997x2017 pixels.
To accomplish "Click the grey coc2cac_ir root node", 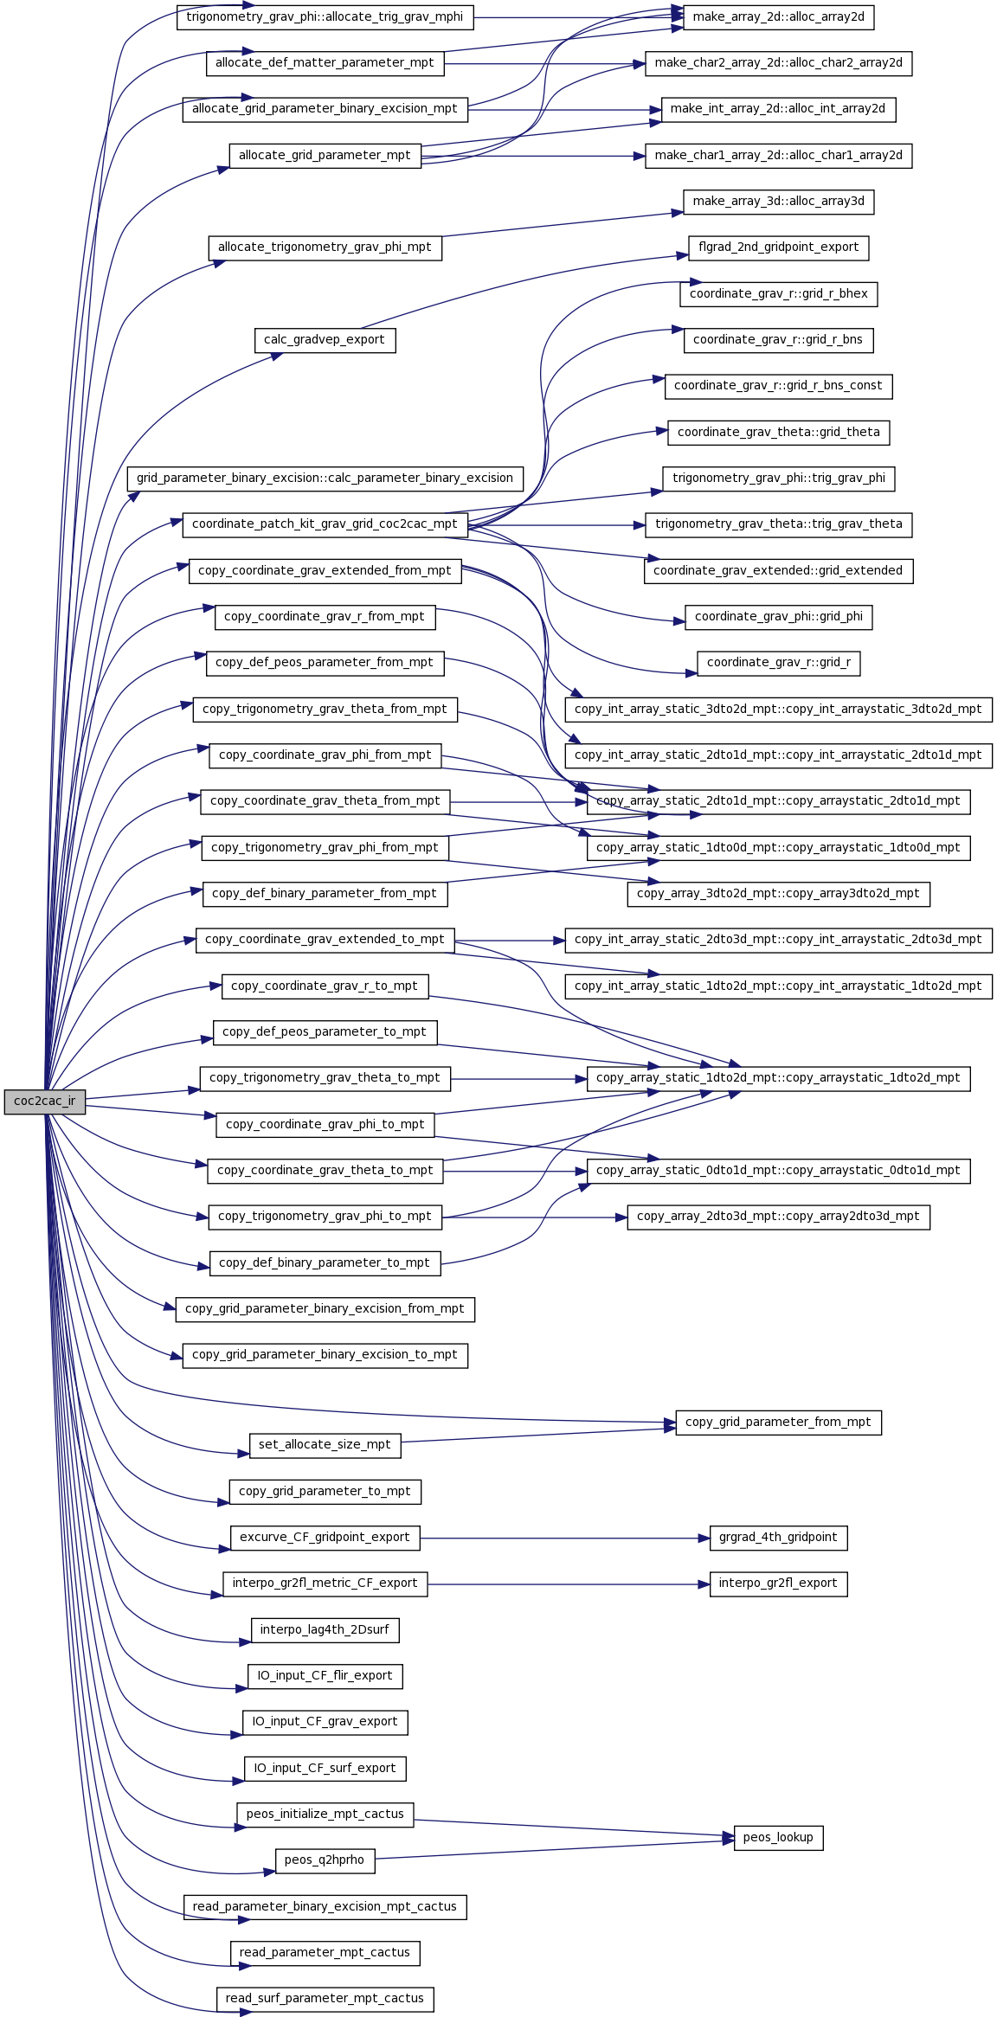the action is click(45, 1102).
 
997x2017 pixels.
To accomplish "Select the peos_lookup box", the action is click(778, 1837).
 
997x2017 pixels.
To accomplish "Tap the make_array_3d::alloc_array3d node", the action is click(778, 202).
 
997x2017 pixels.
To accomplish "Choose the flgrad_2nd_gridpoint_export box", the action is click(778, 247).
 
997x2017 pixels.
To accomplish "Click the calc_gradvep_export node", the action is click(325, 340).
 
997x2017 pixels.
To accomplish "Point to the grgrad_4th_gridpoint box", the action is click(778, 1538).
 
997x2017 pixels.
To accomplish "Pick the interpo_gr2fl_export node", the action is click(778, 1583).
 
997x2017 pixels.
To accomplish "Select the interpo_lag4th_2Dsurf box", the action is click(325, 1630).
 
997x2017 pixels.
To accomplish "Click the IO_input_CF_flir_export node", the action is click(325, 1676).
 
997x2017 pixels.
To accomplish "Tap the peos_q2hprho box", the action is click(325, 1860).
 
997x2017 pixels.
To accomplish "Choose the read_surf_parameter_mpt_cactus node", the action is click(325, 1999).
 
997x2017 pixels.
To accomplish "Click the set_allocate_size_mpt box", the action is click(325, 1445).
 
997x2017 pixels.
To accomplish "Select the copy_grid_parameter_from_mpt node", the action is click(778, 1423).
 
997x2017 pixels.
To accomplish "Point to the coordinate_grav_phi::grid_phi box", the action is click(778, 617).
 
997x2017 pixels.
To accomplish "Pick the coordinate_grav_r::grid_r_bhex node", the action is click(778, 294).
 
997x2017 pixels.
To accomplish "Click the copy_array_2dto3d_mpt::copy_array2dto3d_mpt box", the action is click(778, 1217).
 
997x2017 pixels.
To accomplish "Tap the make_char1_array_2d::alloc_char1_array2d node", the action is click(778, 156).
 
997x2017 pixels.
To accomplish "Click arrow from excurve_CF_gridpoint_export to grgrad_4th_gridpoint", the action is click(565, 1538).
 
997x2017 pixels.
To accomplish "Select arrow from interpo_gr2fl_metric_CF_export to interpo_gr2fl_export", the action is click(569, 1583).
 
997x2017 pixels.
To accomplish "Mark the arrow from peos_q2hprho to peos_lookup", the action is click(555, 1850).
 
